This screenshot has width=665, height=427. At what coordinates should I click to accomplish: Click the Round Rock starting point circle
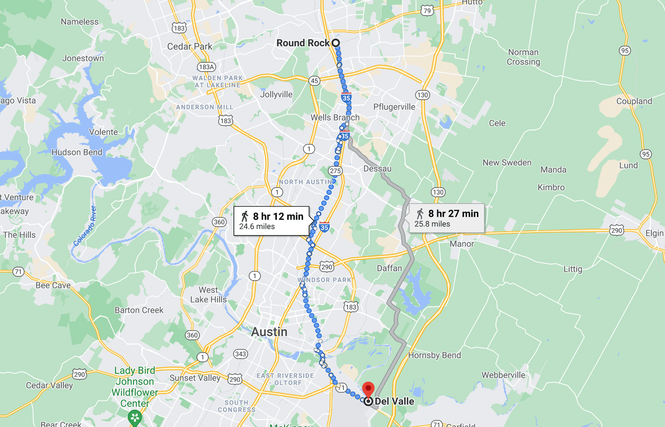pyautogui.click(x=336, y=43)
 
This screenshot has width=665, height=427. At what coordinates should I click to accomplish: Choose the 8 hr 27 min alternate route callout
pyautogui.click(x=446, y=218)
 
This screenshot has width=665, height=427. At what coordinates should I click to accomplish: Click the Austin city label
pyautogui.click(x=269, y=332)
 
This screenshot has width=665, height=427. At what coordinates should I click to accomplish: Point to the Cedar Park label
pyautogui.click(x=190, y=46)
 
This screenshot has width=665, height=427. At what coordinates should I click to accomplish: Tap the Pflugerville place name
pyautogui.click(x=394, y=106)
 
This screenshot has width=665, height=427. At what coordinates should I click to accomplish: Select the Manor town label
pyautogui.click(x=461, y=244)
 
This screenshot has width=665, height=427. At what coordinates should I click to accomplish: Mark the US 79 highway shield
pyautogui.click(x=427, y=10)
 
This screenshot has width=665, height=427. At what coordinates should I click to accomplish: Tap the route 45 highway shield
pyautogui.click(x=314, y=80)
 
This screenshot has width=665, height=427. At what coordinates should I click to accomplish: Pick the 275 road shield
pyautogui.click(x=335, y=170)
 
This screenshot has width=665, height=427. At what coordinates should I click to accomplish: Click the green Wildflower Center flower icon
pyautogui.click(x=135, y=417)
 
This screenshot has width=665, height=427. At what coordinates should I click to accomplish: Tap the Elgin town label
pyautogui.click(x=654, y=233)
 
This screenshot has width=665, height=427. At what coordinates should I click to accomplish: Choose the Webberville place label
pyautogui.click(x=503, y=375)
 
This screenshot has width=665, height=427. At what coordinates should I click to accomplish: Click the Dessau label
pyautogui.click(x=377, y=169)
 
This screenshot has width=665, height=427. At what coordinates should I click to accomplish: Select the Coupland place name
pyautogui.click(x=634, y=101)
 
